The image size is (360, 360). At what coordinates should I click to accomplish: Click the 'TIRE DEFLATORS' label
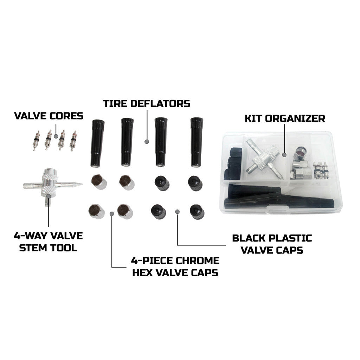point(146,104)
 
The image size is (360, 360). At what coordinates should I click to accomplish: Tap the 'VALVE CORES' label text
point(49,116)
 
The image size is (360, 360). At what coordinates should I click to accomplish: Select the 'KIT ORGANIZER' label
point(285,118)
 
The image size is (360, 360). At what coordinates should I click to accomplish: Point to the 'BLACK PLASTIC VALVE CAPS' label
point(272,244)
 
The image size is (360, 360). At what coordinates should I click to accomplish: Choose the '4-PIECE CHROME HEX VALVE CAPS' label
point(175,266)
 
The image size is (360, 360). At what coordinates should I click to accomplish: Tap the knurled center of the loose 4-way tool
point(47,183)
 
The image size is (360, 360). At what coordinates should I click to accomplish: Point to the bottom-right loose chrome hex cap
point(125,211)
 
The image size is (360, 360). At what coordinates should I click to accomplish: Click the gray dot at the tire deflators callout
point(147,142)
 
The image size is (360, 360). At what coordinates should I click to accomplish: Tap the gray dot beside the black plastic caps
point(177,211)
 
